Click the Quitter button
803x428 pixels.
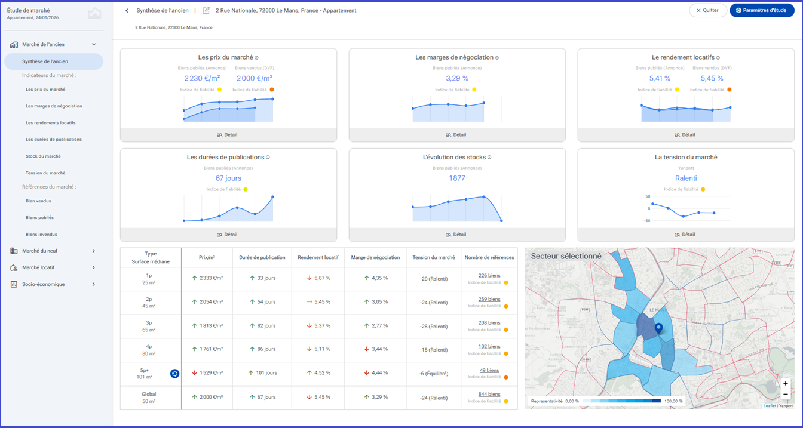click(x=707, y=10)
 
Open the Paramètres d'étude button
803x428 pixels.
click(x=762, y=10)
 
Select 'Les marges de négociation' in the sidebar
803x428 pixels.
click(x=54, y=106)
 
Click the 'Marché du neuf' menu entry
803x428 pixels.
click(x=40, y=251)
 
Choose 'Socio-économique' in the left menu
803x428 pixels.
click(x=44, y=284)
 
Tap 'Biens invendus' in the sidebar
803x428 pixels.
click(x=41, y=234)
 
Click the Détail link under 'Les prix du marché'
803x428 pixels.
click(x=227, y=135)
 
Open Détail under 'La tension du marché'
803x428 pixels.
click(x=685, y=235)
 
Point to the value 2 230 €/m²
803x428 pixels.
click(x=202, y=78)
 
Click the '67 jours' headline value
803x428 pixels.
click(x=228, y=178)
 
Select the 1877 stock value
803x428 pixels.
click(x=457, y=178)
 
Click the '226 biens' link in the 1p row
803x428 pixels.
click(x=489, y=275)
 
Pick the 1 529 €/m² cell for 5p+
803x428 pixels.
click(x=207, y=373)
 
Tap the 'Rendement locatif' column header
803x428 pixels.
click(x=318, y=257)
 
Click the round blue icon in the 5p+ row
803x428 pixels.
click(x=174, y=374)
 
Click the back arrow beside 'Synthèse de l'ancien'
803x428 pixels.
click(x=127, y=11)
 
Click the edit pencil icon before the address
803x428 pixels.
click(x=206, y=10)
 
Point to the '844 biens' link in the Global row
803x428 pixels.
click(x=489, y=394)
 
